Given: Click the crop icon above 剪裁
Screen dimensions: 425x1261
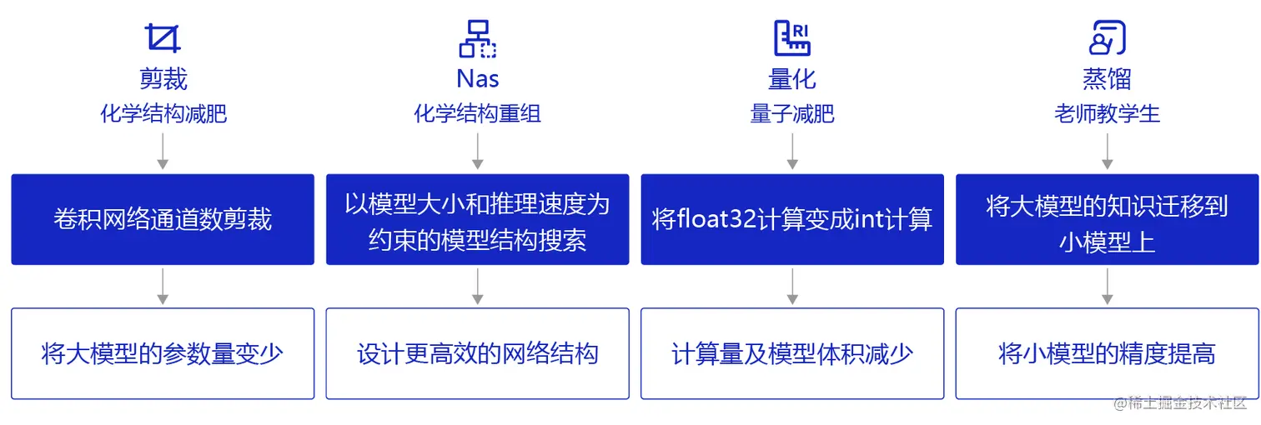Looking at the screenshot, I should pos(163,38).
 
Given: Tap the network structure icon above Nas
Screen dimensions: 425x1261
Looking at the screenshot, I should pos(478,38).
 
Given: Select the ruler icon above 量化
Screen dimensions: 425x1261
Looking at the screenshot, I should pos(792,38).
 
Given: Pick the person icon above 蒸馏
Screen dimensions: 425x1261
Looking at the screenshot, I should pos(1108,38).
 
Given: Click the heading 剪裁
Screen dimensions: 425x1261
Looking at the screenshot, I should pos(163,79).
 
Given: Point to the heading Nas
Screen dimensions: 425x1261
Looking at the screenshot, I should pos(478,79).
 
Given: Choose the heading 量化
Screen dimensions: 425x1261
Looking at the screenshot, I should pos(792,79).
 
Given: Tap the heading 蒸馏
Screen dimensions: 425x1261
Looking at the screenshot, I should pos(1108,79).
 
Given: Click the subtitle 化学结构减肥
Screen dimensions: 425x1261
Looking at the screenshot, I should pos(163,113).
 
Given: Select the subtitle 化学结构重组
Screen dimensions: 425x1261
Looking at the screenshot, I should pos(478,113).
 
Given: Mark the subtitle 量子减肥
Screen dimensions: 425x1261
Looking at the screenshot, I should pos(792,113).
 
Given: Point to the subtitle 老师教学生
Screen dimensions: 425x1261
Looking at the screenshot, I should pos(1108,113).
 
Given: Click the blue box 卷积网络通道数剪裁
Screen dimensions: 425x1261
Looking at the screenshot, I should pos(163,219).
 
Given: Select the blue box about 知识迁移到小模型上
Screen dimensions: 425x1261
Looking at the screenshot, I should pos(1108,219).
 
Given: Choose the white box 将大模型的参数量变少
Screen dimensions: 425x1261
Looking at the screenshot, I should pos(163,353).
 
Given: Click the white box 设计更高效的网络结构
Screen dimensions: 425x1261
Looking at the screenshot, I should pos(478,353).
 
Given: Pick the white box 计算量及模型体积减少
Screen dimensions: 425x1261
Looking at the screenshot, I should pos(792,353).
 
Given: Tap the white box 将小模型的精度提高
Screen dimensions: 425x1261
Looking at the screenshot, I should pos(1108,353).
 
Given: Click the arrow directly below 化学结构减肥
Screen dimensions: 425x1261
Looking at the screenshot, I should pos(163,151).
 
